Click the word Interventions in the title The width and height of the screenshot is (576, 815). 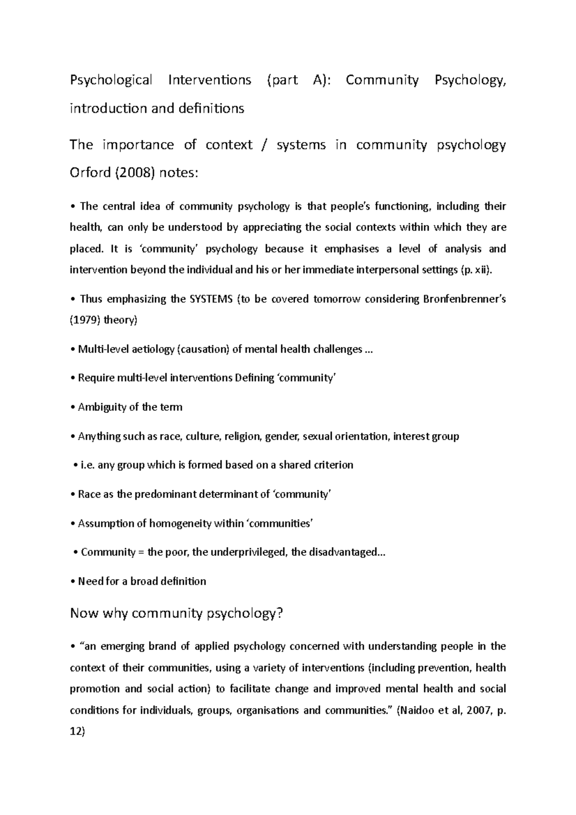(x=209, y=80)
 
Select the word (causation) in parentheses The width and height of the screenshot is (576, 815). (x=204, y=349)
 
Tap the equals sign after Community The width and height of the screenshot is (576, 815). (x=141, y=552)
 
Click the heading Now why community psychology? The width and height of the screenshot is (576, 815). (x=177, y=613)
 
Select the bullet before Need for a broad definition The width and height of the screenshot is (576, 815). (x=73, y=582)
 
